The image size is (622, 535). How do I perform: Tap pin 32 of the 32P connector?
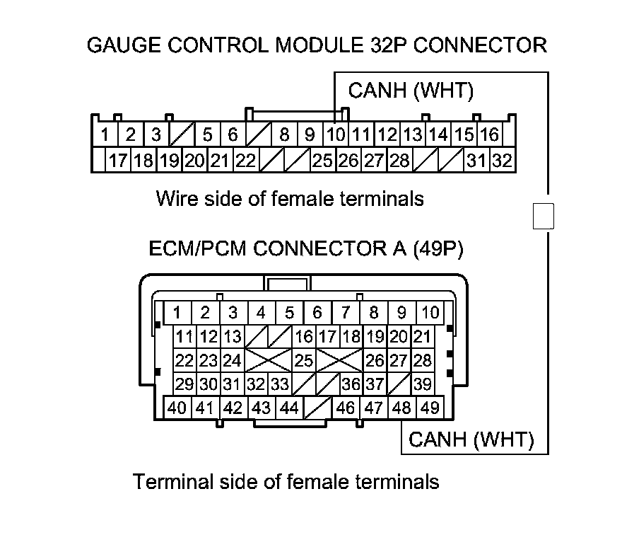pos(502,161)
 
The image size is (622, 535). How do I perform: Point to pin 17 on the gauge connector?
pos(117,161)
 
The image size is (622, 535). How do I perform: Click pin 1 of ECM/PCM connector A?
pos(177,312)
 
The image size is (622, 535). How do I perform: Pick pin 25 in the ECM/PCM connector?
pos(303,360)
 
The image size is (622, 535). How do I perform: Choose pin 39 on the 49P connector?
pos(423,384)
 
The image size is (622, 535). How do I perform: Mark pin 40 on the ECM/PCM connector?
pos(177,408)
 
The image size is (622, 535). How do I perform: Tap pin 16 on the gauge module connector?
pos(489,134)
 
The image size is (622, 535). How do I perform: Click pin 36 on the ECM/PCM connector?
pos(350,384)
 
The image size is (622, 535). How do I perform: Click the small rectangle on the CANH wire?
pos(543,216)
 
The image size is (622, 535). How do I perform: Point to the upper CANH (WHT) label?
pos(411,91)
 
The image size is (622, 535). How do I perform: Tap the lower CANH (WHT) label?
pos(471,440)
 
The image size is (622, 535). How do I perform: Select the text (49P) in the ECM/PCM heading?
pos(438,249)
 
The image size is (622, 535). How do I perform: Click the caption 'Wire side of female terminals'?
pos(290,198)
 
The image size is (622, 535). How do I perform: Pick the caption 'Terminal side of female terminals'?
pos(286,483)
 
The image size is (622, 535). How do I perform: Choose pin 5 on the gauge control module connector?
pos(207,134)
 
